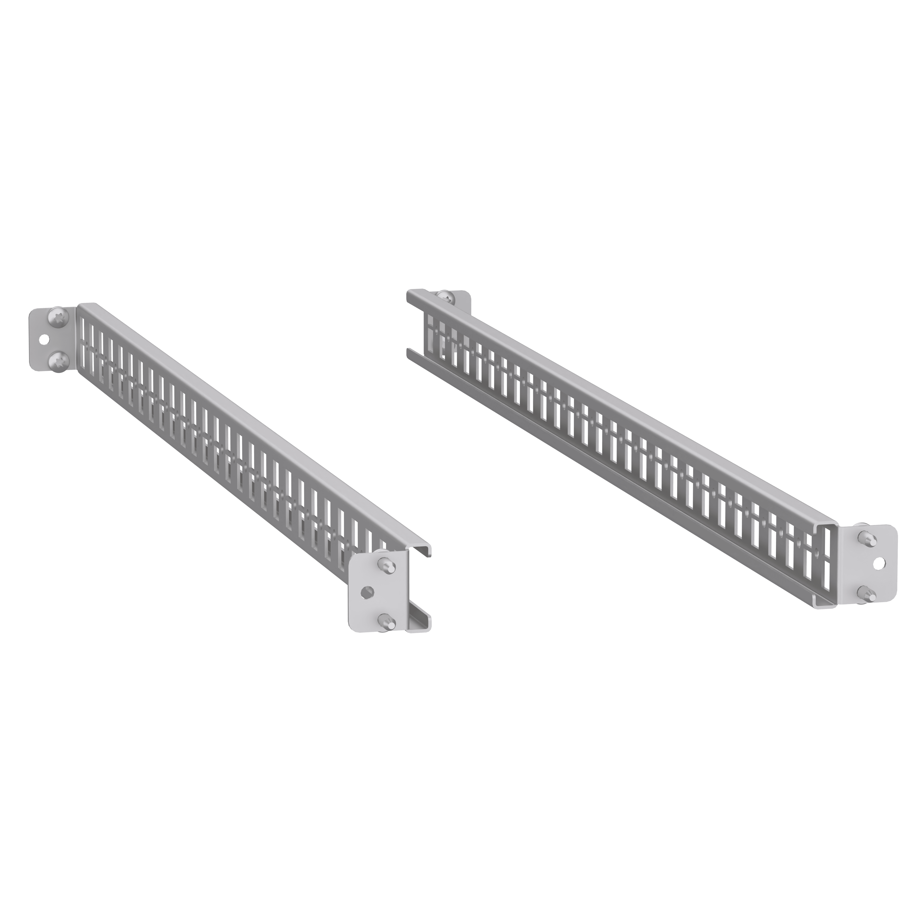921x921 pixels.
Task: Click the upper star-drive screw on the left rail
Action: pos(59,318)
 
